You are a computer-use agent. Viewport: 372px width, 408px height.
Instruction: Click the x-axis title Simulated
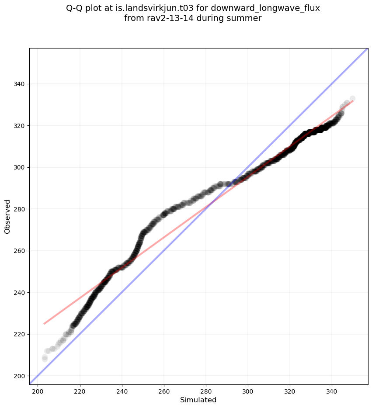198,400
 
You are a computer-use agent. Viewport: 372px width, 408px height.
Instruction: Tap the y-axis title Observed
7,216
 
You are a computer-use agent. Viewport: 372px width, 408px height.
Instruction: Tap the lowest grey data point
45,359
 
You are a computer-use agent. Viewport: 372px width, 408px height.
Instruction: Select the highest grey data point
352,99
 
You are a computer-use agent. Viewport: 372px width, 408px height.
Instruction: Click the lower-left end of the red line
44,324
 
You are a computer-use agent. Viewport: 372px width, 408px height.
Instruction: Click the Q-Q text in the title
76,8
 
